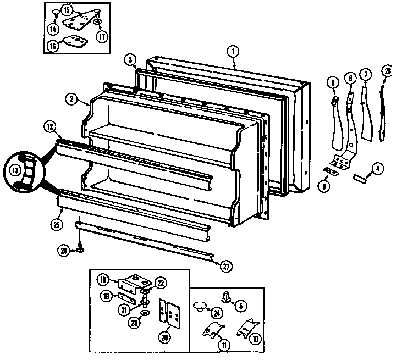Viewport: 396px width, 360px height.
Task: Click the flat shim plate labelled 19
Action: point(124,296)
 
